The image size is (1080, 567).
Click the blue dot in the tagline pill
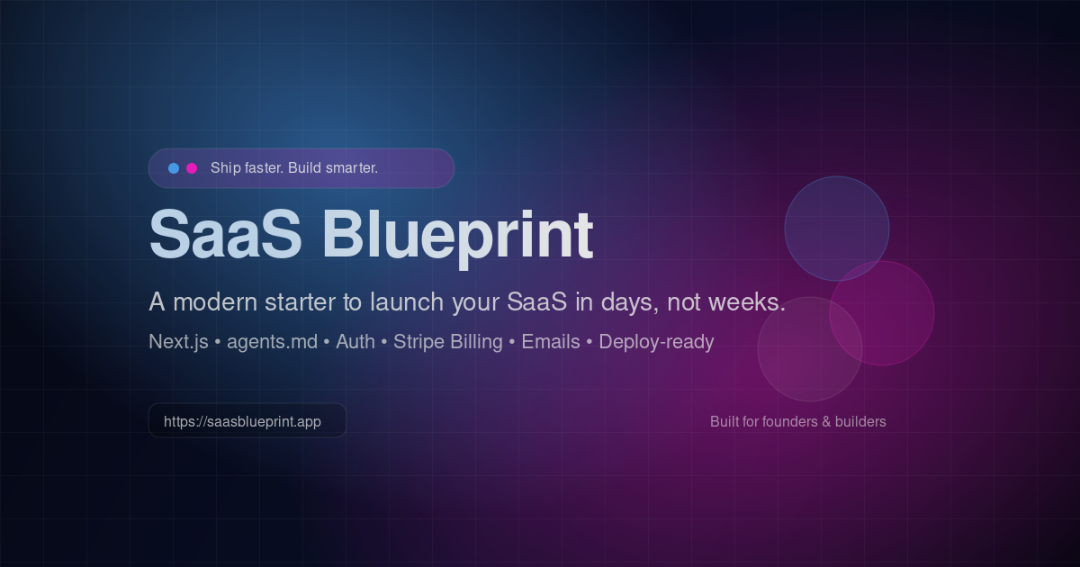(174, 168)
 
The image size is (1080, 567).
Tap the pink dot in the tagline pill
(192, 168)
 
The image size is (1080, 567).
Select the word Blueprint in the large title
(457, 235)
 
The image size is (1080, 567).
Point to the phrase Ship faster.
(247, 168)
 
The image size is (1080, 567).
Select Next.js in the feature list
(178, 342)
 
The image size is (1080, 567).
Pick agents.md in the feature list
(272, 342)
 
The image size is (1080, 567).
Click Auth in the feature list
(355, 342)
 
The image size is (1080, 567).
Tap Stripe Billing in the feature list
(448, 342)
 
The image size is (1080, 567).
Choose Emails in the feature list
(551, 342)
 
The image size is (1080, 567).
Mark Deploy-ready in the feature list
(656, 342)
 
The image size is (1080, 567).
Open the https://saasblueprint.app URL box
(247, 421)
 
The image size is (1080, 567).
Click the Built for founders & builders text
(797, 421)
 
